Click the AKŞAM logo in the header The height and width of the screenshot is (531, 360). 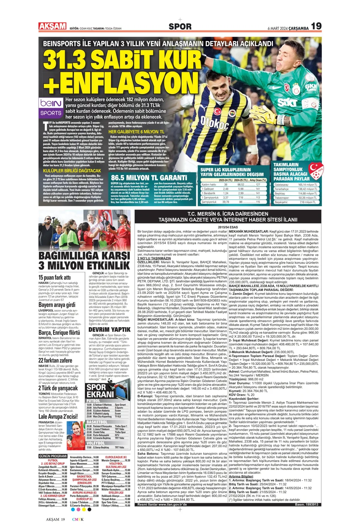click(x=52, y=26)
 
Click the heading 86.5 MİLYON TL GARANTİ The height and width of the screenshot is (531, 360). click(x=149, y=177)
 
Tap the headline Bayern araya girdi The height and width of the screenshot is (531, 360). click(x=57, y=305)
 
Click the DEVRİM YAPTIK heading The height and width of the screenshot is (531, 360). click(x=110, y=330)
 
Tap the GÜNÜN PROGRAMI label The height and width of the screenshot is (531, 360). click(x=53, y=456)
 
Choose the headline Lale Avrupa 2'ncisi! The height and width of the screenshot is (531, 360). click(x=58, y=417)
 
